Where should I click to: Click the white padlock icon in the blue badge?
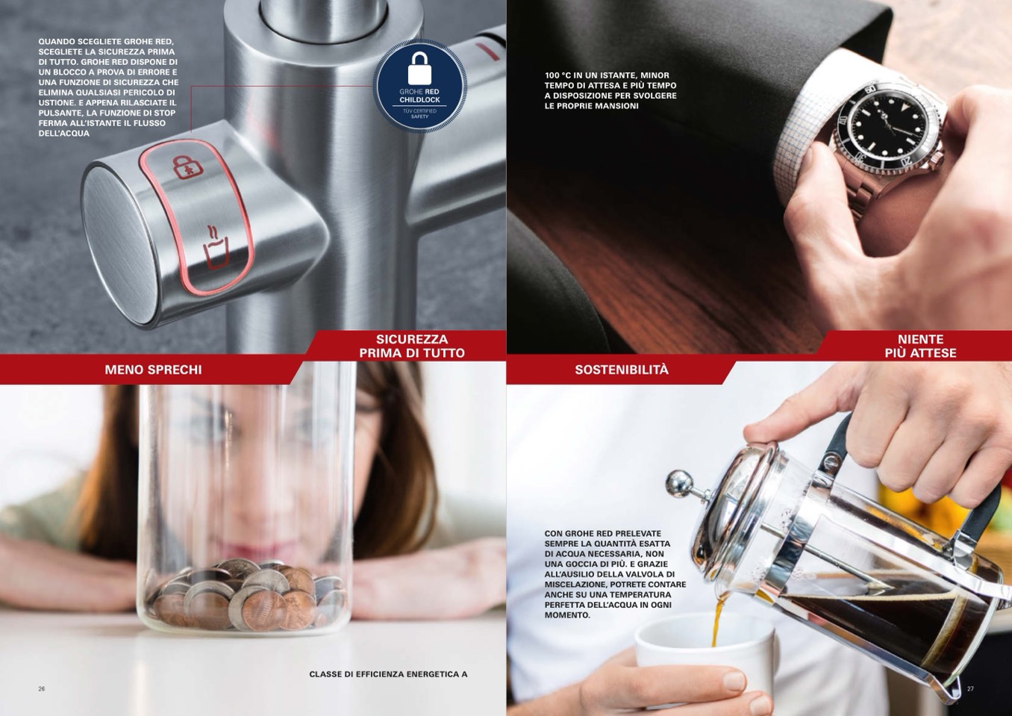[419, 68]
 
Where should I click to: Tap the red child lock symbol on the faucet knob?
[187, 166]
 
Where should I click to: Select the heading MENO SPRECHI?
[153, 370]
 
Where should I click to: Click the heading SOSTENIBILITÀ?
[621, 370]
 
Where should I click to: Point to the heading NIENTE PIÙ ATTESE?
[920, 346]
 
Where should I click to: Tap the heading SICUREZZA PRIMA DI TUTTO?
[411, 346]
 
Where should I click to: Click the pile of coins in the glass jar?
[247, 594]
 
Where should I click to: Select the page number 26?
[42, 689]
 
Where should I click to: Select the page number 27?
[970, 689]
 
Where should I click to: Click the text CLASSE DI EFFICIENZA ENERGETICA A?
[388, 674]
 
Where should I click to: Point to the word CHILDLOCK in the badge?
[419, 99]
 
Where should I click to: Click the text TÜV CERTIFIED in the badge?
[419, 110]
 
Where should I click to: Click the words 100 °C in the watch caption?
[557, 75]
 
